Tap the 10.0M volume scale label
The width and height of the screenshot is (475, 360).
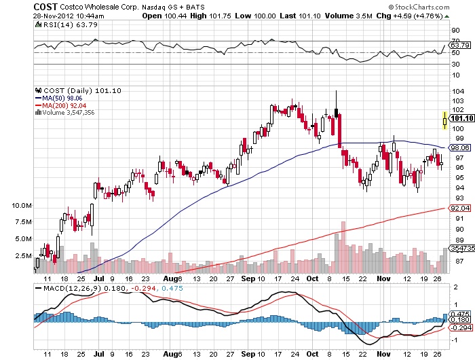[x=21, y=205]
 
